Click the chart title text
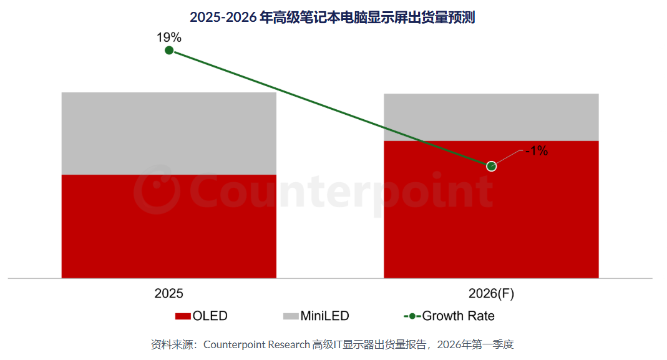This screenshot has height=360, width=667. coord(333,17)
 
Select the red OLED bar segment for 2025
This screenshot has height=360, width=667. coord(168,226)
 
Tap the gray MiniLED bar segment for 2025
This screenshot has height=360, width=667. coord(168,133)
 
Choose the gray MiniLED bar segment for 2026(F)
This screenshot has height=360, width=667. coord(491,117)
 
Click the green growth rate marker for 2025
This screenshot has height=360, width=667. coord(168,50)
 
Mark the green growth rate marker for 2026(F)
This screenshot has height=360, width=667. coord(491,166)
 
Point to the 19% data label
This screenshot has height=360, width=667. coord(168,37)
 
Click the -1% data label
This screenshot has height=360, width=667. coord(536,150)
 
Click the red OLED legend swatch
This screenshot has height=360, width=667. coord(183,316)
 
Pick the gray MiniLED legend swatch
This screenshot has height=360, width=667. coord(291,316)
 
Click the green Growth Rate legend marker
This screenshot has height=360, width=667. coord(412,316)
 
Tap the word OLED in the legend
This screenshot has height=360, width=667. coord(210,316)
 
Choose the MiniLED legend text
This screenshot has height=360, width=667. coord(324,316)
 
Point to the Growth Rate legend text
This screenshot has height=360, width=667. coord(459,316)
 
